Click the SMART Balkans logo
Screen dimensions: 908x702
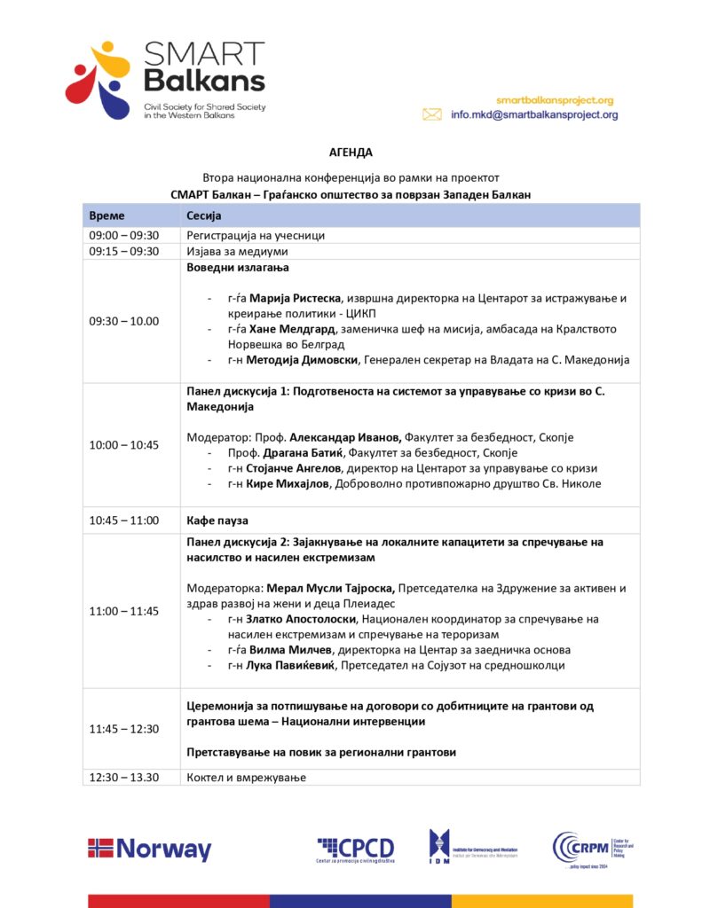(165, 80)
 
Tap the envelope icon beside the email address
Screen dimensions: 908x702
(432, 114)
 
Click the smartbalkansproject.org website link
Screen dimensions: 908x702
(555, 100)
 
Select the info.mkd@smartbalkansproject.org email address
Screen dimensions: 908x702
(534, 114)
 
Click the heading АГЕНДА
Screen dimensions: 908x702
(351, 153)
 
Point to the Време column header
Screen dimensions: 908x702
(107, 215)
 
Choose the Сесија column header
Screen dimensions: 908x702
(203, 215)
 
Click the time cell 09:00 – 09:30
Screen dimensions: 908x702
(123, 235)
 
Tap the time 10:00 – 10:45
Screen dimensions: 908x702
(123, 444)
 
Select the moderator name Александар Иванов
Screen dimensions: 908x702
(346, 437)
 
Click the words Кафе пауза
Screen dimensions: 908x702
(217, 520)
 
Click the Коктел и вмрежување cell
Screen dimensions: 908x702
(246, 777)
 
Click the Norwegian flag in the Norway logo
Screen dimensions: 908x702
(100, 849)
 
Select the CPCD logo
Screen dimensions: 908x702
(356, 849)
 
